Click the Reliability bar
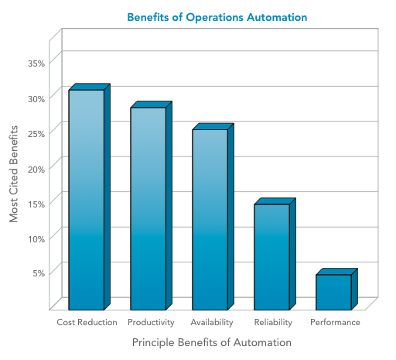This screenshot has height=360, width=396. pos(271,256)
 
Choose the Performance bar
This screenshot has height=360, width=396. pos(333,291)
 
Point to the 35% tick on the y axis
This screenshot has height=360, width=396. pos(37,63)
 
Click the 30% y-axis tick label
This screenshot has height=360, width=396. pos(37,98)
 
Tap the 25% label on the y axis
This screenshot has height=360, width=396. pos(37,132)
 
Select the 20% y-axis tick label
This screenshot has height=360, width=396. pos(37,167)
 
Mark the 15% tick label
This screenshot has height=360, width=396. pos(37,203)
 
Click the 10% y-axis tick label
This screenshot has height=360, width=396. pos(37,238)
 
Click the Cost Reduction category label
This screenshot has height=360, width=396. pos(87,322)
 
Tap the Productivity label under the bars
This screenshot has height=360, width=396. pos(151,322)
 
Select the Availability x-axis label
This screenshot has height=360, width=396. pos(212,322)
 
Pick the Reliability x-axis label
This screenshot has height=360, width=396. pos(273,322)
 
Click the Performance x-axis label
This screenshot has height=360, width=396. pos(335,322)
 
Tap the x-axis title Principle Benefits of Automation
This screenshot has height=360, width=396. pos(211,342)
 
